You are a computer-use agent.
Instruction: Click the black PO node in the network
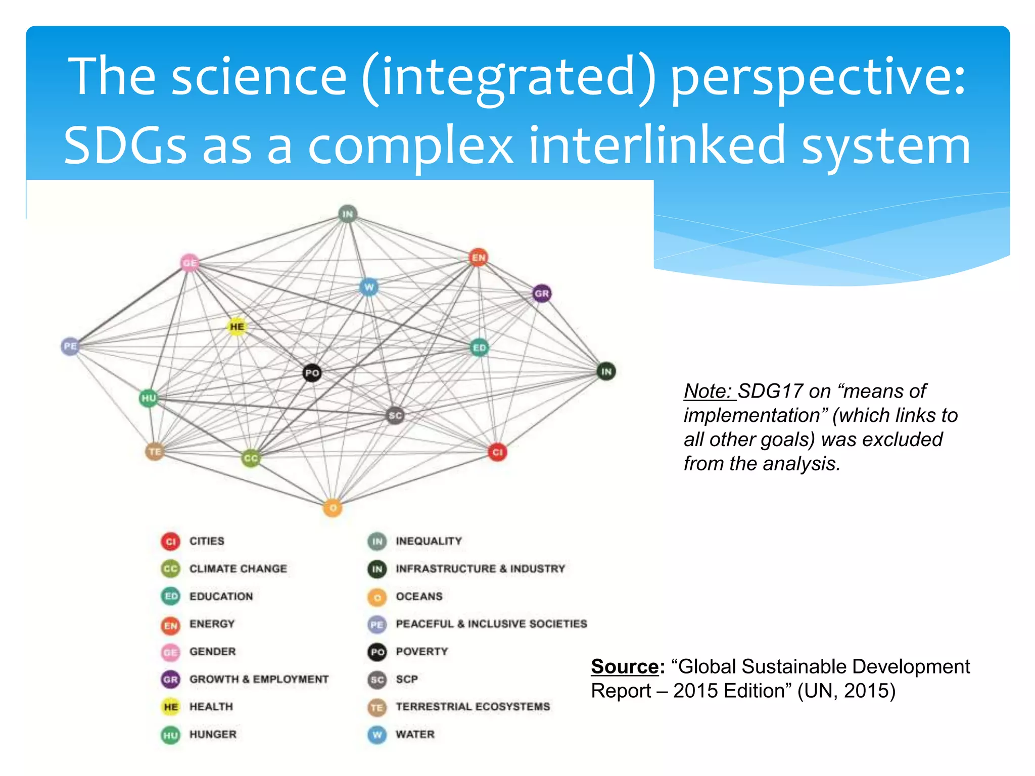click(312, 373)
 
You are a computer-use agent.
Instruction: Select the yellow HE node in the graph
click(237, 327)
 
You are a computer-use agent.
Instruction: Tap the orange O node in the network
click(333, 508)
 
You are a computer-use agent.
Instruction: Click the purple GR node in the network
click(541, 294)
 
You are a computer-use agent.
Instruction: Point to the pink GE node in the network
click(190, 263)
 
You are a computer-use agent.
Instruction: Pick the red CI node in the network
click(497, 452)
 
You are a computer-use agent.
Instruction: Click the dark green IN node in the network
click(606, 372)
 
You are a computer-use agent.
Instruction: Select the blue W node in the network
click(369, 288)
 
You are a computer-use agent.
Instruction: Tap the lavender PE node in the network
click(70, 346)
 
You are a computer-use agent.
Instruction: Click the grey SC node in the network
click(395, 416)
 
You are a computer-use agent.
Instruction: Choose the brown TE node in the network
click(155, 451)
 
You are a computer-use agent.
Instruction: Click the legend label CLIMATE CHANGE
click(238, 568)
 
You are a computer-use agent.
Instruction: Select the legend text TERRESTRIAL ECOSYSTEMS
click(473, 706)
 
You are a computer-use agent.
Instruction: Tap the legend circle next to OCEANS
click(377, 597)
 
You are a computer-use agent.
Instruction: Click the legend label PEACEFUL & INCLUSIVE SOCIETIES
click(491, 624)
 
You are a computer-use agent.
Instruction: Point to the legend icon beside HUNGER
click(171, 735)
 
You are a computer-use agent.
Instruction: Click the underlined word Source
click(625, 666)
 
